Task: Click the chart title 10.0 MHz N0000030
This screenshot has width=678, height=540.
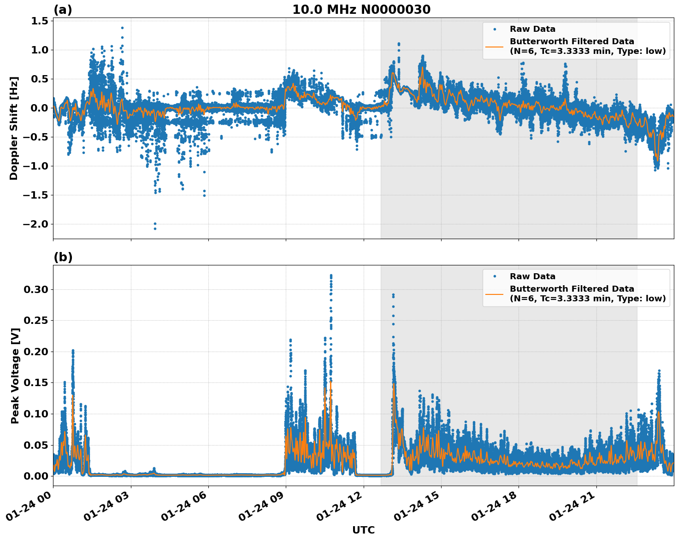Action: click(x=361, y=10)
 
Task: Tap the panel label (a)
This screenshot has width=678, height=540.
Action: click(x=63, y=10)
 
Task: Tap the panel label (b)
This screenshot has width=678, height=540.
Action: click(x=63, y=257)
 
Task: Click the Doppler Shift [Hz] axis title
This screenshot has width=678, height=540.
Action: click(x=14, y=128)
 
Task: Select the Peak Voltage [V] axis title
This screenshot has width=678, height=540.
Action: click(x=15, y=376)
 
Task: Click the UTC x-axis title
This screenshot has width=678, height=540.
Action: click(x=363, y=530)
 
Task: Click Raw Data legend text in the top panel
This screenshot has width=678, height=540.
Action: click(x=532, y=29)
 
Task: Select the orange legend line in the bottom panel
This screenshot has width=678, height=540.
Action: click(x=494, y=293)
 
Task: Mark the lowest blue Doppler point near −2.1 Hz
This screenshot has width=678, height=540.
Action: click(x=155, y=229)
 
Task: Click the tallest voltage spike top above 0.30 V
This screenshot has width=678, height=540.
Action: click(x=331, y=276)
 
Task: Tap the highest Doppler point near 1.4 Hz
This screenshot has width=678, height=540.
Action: click(x=122, y=28)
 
